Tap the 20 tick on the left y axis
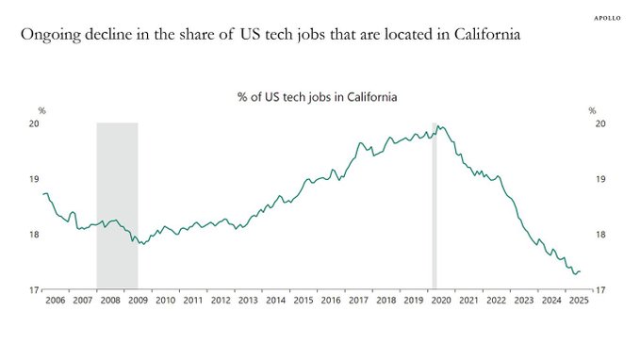pyautogui.click(x=33, y=123)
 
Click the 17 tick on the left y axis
pyautogui.click(x=33, y=290)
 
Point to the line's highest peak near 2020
pyautogui.click(x=441, y=125)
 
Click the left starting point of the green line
pyautogui.click(x=43, y=193)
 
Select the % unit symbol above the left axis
pyautogui.click(x=41, y=111)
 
